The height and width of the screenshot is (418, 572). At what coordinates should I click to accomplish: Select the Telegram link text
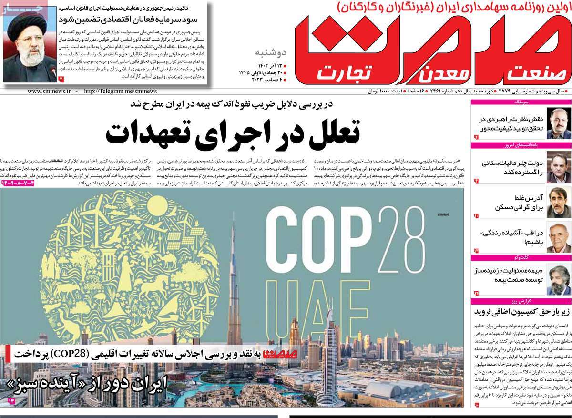coord(120,91)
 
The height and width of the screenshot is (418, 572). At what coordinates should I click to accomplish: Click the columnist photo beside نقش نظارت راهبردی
coord(555,123)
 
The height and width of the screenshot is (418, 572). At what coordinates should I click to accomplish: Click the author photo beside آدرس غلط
coord(555,202)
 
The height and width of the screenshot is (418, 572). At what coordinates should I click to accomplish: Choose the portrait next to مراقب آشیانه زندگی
coord(555,237)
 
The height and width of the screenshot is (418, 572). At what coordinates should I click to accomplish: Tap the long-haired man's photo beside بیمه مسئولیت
coord(555,279)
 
